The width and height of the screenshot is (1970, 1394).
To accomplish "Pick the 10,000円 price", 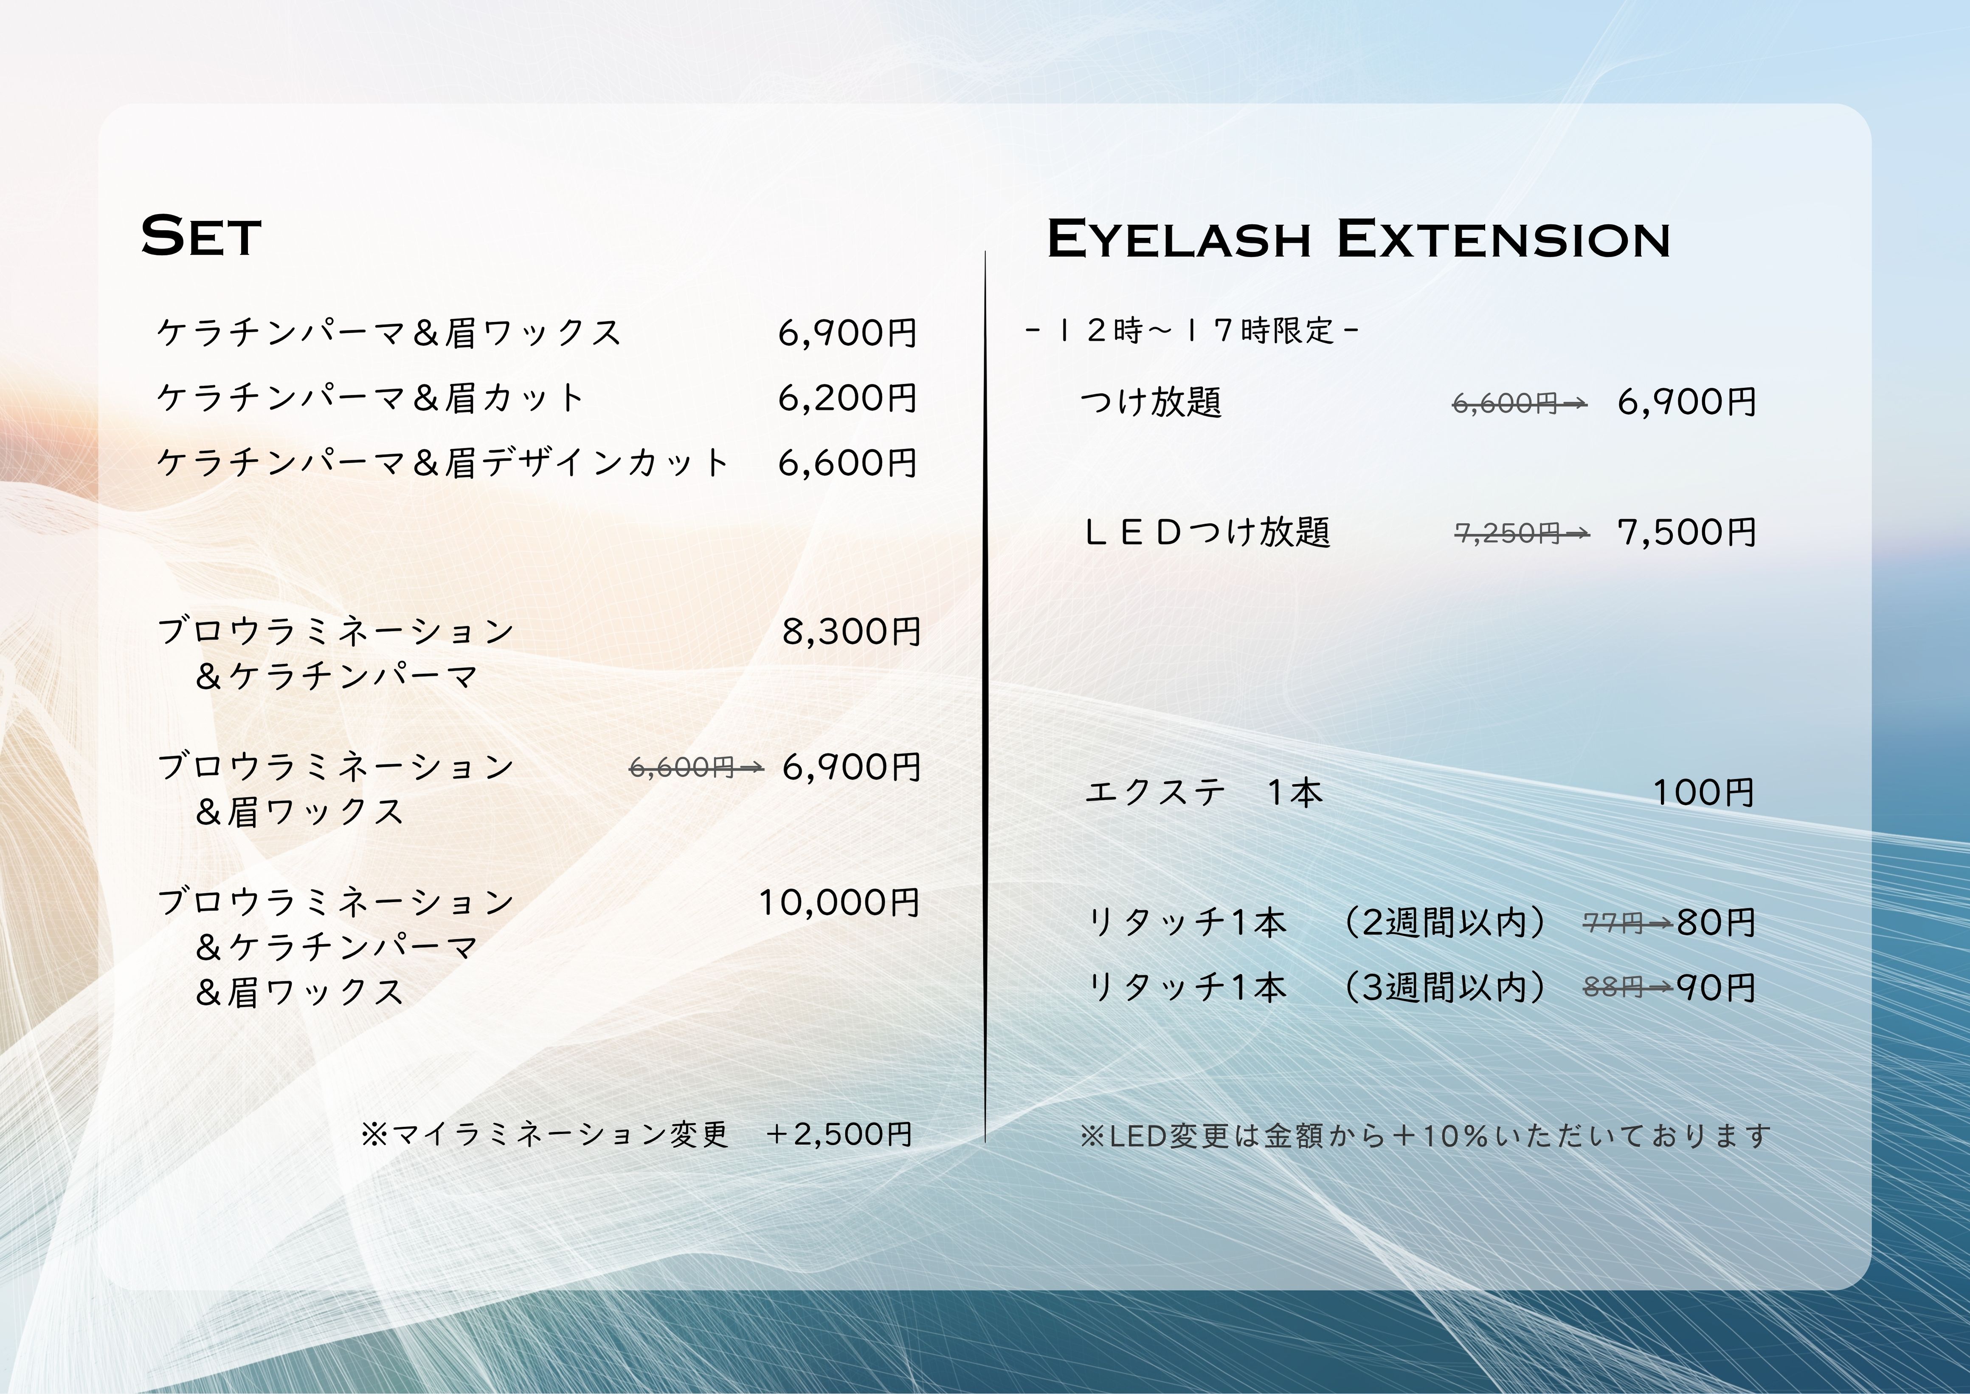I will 838,902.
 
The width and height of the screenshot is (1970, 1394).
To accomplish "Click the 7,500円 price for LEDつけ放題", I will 1686,532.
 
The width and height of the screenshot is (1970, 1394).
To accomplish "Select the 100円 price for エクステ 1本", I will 1703,792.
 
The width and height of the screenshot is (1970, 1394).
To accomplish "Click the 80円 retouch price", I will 1715,923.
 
